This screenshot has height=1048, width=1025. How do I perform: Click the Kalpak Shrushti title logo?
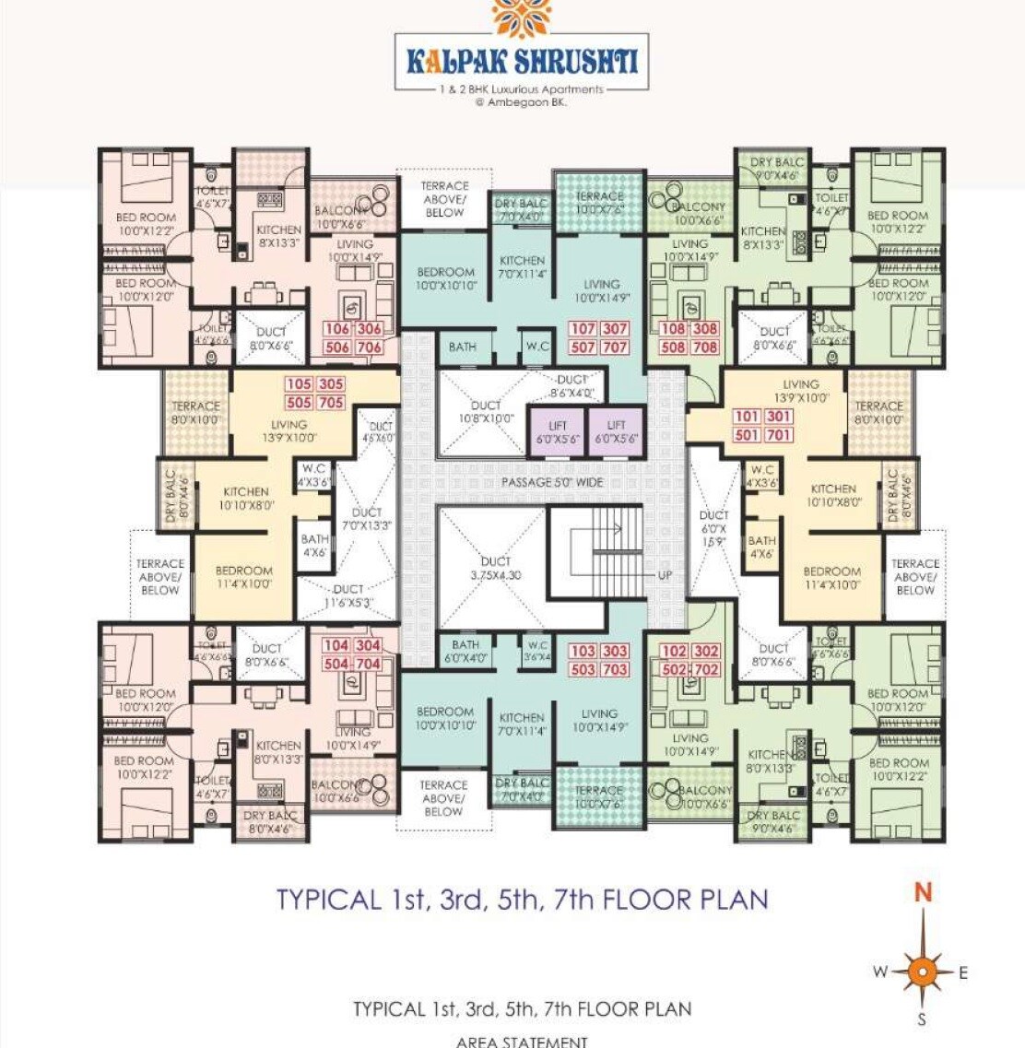pos(522,62)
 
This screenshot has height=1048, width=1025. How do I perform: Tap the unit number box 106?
pos(337,329)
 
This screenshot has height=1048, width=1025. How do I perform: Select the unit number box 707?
pos(615,347)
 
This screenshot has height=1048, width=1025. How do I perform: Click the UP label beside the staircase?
pos(665,575)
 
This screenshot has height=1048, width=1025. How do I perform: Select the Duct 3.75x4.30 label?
pos(495,568)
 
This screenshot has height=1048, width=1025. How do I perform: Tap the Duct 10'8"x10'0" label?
pos(486,412)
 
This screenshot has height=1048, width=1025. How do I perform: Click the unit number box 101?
pos(747,417)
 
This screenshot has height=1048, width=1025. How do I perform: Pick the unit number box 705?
pos(331,403)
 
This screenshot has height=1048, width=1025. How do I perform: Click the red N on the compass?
pos(923,892)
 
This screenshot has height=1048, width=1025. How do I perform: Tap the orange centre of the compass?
pos(922,971)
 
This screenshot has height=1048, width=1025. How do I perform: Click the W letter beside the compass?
pos(880,971)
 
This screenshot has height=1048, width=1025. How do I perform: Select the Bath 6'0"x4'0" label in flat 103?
pos(465,652)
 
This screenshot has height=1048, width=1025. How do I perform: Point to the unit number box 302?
pos(706,652)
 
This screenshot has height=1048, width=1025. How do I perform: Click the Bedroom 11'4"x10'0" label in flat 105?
pos(244,577)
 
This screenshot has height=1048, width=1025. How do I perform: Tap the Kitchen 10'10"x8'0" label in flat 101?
pos(833,496)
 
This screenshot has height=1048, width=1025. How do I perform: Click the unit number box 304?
pos(368,646)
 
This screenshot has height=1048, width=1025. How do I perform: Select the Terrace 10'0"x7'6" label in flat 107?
pos(600,203)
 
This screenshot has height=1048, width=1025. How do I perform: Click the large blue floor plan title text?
pos(523,900)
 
